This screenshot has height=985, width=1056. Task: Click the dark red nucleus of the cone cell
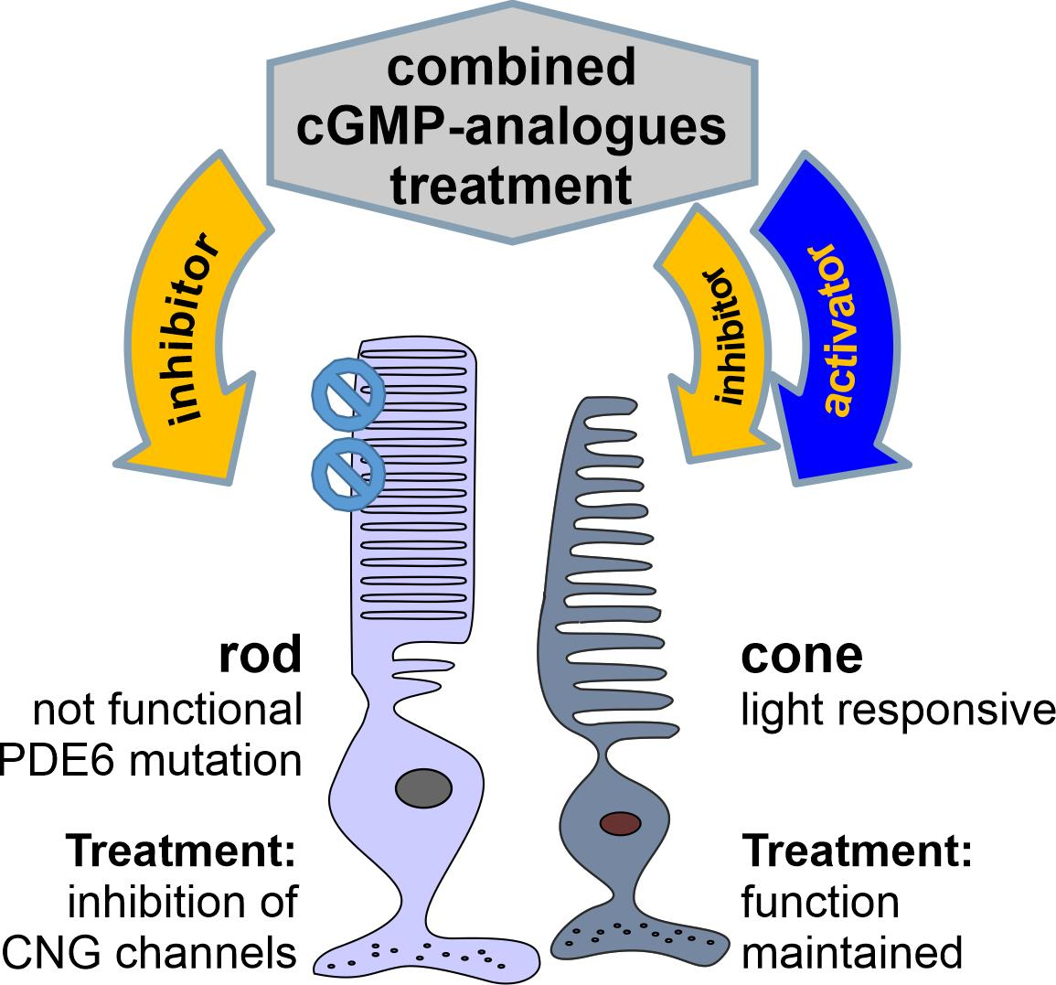[619, 823]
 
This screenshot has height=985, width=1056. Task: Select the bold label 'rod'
[259, 655]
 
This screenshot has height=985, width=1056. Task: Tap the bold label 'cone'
[801, 655]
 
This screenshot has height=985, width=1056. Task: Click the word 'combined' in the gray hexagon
[510, 68]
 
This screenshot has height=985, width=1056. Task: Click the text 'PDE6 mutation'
[151, 759]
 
